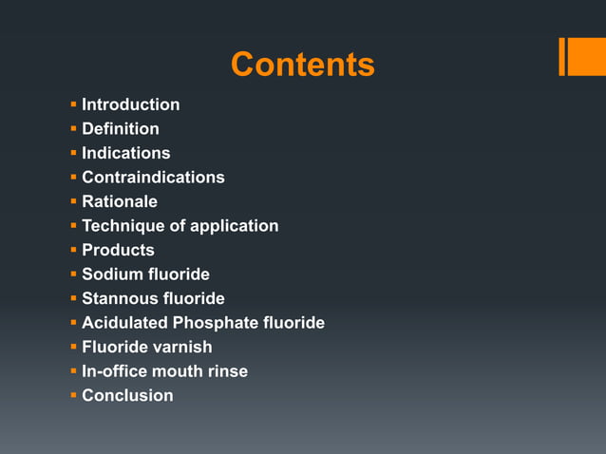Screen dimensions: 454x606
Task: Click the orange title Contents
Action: coord(302,65)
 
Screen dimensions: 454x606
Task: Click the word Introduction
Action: coord(130,104)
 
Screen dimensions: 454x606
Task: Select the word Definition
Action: coord(121,128)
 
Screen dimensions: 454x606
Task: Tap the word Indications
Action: coord(126,153)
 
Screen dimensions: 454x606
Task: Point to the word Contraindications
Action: coord(153,178)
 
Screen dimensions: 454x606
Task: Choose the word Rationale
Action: coord(120,201)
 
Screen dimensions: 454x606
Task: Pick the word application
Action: coord(234,226)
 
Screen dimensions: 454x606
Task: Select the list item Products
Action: coord(118,250)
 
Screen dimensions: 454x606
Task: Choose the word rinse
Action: coord(228,371)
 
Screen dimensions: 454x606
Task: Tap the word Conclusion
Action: coord(127,395)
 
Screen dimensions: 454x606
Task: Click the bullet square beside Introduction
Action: coord(73,104)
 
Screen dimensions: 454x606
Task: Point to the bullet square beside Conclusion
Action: coord(73,394)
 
